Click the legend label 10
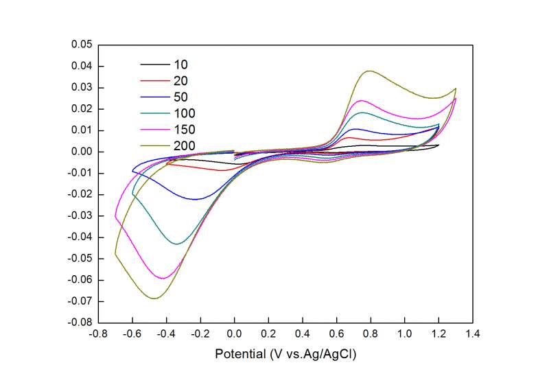[181, 64]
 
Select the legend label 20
[181, 81]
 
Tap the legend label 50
[181, 97]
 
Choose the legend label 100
[185, 113]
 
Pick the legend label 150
[185, 129]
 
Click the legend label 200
[185, 145]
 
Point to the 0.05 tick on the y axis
[82, 45]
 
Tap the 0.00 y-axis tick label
[82, 152]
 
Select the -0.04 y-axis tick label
[80, 237]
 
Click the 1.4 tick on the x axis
[472, 334]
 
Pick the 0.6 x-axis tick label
[336, 334]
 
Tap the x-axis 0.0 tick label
[234, 334]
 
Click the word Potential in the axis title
[241, 355]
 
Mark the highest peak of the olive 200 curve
[370, 71]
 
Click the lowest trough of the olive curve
[154, 298]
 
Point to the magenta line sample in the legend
[154, 129]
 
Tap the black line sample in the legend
[154, 64]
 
